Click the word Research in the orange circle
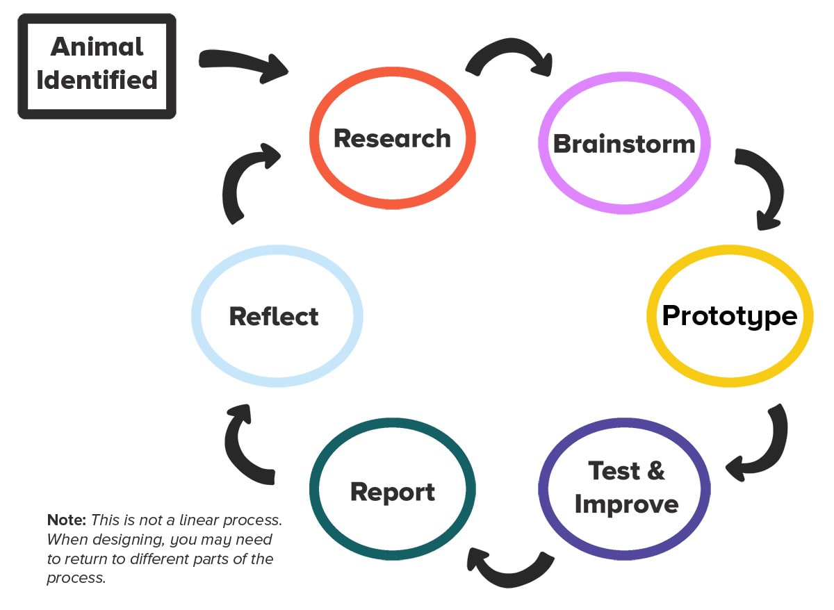(x=392, y=138)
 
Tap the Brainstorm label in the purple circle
(x=624, y=144)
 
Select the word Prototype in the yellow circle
(x=729, y=315)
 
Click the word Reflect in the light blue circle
(x=274, y=316)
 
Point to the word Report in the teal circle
(x=393, y=491)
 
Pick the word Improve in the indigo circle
(x=626, y=504)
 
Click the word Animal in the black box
(x=97, y=47)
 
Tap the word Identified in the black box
(x=97, y=80)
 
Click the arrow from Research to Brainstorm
(x=509, y=61)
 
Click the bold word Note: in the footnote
(x=67, y=520)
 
